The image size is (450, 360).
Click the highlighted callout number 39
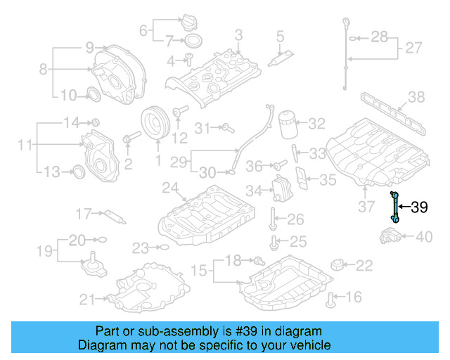(419, 207)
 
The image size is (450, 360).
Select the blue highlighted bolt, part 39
(396, 207)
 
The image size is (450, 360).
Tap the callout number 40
(425, 237)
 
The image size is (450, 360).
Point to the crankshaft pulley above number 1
(156, 125)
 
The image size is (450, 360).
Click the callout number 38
(417, 97)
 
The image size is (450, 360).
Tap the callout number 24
(169, 188)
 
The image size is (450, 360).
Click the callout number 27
(413, 49)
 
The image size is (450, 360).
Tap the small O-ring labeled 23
(163, 247)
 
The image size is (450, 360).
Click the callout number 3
(238, 34)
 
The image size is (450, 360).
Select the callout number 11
(25, 146)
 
